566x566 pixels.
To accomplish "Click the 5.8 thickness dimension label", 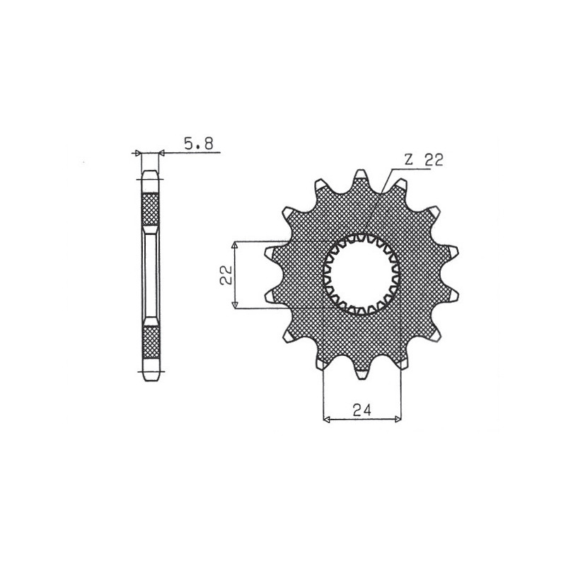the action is (199, 144).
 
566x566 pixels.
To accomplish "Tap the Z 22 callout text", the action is (423, 160).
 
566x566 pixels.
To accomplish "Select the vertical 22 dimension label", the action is (226, 275).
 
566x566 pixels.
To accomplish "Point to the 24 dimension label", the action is (362, 410).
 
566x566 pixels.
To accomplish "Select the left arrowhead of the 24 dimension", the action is (326, 419).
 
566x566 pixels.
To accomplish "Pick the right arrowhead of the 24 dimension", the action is (398, 419).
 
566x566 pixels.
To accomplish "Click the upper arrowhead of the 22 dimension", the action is (235, 245).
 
